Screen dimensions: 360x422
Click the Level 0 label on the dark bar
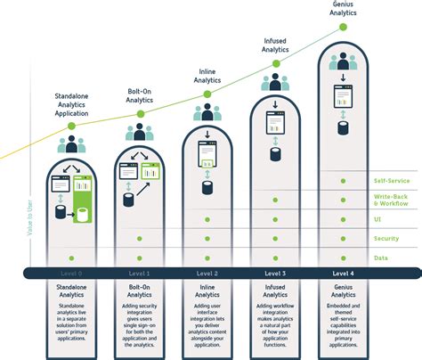click(x=73, y=273)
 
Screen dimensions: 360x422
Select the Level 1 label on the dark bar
click(x=140, y=273)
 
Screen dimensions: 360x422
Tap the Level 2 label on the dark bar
click(x=207, y=273)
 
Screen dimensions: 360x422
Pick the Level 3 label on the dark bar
click(x=275, y=273)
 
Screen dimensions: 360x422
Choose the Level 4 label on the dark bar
click(x=343, y=273)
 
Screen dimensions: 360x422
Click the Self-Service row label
click(x=392, y=181)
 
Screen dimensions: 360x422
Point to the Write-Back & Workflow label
click(x=392, y=200)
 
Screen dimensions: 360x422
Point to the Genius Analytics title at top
click(x=343, y=9)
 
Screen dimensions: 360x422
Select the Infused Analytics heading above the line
click(x=275, y=45)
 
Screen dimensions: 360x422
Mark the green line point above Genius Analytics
click(x=343, y=27)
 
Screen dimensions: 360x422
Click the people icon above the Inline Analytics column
click(x=207, y=112)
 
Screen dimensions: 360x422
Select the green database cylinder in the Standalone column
click(x=82, y=215)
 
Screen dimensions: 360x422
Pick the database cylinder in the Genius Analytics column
click(x=343, y=119)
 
